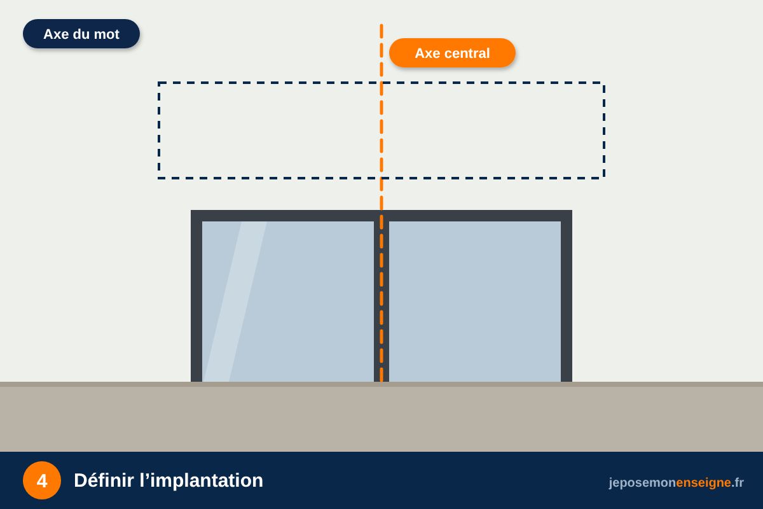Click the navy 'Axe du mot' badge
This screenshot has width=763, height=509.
[x=81, y=34]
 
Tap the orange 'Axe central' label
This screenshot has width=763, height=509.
[x=452, y=53]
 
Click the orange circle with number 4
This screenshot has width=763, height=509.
[x=42, y=480]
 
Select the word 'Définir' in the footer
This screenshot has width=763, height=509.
[x=104, y=480]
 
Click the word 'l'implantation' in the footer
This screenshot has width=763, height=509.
[x=202, y=481]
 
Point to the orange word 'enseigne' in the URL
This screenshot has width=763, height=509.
[x=703, y=483]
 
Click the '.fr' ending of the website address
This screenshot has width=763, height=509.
[x=738, y=483]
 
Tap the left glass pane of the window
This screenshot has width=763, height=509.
[x=288, y=302]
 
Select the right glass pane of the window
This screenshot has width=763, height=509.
[x=475, y=302]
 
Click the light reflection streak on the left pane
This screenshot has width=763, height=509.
[x=235, y=302]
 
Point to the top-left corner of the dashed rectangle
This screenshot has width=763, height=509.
[x=159, y=83]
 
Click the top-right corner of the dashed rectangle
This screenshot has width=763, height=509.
[x=604, y=83]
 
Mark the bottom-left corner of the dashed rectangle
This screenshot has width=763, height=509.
[x=159, y=178]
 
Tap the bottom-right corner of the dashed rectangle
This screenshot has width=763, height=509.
[x=604, y=178]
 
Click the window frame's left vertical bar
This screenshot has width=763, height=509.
[x=196, y=296]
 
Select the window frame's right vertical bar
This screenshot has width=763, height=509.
[x=567, y=296]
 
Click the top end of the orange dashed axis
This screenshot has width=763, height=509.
[x=381, y=25]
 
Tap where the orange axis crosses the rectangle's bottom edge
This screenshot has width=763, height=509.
[x=381, y=178]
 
